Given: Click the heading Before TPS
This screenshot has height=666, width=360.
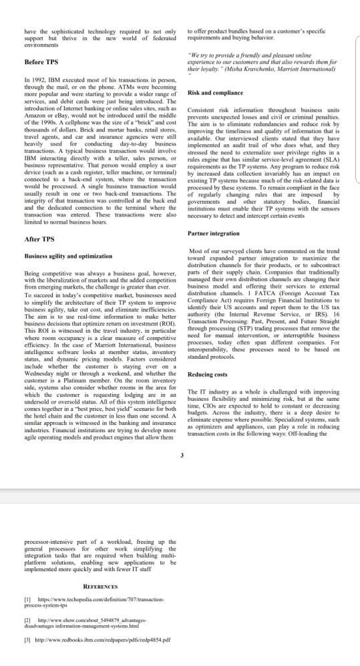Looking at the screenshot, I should [x=41, y=62].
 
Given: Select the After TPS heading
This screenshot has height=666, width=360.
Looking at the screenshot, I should [x=39, y=238].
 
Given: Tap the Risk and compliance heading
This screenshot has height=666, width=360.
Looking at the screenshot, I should [x=215, y=93].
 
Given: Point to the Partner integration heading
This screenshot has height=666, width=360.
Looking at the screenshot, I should [x=214, y=233].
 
